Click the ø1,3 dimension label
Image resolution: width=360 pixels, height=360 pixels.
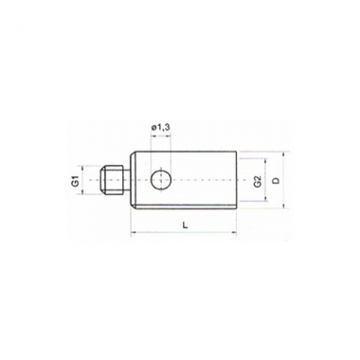pos(161,127)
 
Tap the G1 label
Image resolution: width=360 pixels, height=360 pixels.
pos(75,181)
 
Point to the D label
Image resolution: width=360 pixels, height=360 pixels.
pos(276,180)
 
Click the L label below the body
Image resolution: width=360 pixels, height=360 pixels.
pos(186,225)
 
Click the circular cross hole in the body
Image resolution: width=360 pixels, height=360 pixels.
pos(161,180)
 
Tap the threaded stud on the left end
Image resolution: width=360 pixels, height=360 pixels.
pos(111,180)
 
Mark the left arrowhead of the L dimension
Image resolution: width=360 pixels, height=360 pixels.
pos(133,233)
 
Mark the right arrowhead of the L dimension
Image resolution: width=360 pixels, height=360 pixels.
pos(234,233)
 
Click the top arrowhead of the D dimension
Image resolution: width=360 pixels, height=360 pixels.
pos(283,154)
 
